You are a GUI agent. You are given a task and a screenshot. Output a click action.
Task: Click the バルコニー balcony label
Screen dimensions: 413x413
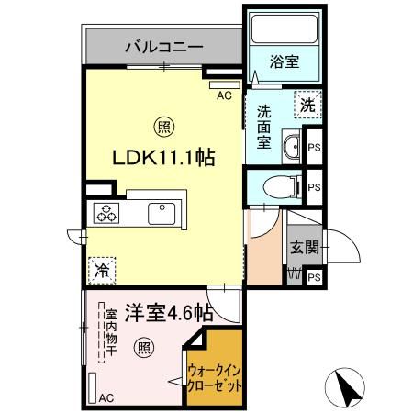coord(163,45)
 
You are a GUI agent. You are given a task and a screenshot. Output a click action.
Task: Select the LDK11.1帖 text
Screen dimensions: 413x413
coord(163,158)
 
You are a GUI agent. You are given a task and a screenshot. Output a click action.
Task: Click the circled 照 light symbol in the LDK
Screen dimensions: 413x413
coord(162,125)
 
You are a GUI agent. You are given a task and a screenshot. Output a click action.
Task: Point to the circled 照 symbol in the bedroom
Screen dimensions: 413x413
coord(143,347)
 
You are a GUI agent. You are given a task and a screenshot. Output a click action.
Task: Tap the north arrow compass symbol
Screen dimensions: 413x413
coord(347,388)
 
